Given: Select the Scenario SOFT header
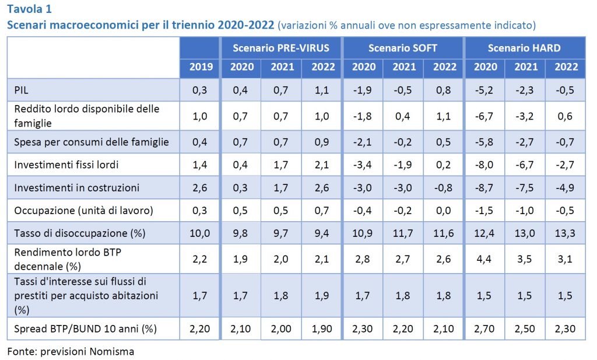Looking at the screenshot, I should (403, 47).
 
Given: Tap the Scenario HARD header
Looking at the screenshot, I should (524, 47).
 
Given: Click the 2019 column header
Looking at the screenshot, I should (201, 67).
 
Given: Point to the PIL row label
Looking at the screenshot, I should (22, 89).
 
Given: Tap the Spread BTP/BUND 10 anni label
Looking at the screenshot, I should (85, 328).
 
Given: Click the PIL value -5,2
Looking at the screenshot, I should (485, 89).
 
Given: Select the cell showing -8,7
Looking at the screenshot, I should (485, 188).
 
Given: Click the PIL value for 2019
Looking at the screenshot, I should (201, 89).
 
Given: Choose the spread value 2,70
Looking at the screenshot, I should (485, 328).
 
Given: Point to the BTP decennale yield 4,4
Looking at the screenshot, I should (485, 258).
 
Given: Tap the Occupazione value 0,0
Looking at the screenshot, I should (444, 210).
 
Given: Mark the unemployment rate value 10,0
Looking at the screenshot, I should (201, 232).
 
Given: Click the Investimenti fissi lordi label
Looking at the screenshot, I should (66, 165).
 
